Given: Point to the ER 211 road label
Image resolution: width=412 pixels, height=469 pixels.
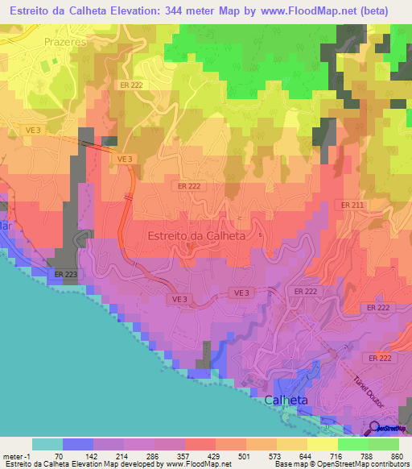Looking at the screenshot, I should pyautogui.click(x=352, y=205).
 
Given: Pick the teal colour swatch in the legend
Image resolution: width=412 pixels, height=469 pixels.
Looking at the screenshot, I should pyautogui.click(x=47, y=444).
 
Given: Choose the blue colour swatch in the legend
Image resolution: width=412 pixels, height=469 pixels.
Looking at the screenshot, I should pyautogui.click(x=78, y=444).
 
